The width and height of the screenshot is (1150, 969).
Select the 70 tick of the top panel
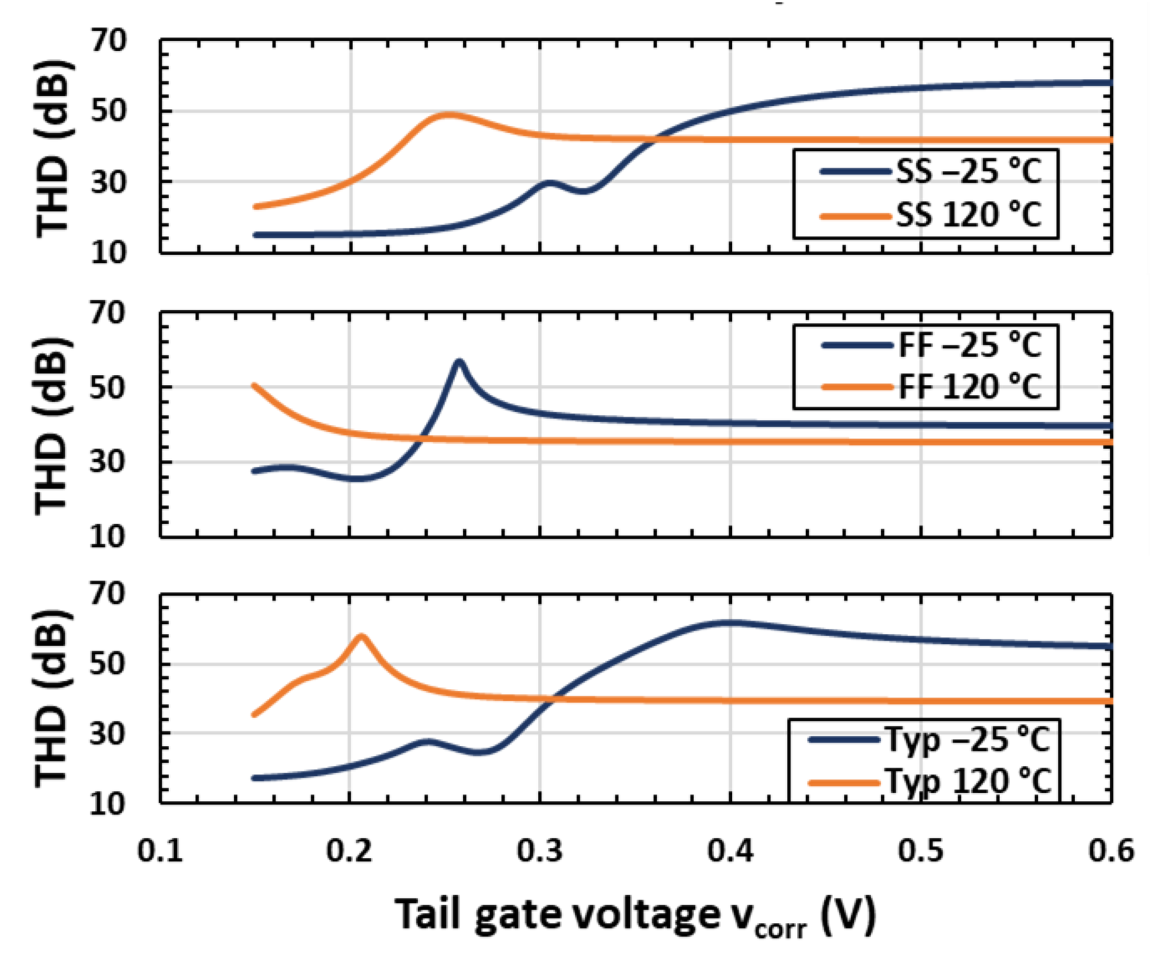click(108, 41)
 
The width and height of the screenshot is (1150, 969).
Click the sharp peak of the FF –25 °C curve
click(459, 362)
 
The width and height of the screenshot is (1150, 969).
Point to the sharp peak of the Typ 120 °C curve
click(362, 636)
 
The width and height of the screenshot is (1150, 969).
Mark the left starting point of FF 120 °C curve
click(254, 386)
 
